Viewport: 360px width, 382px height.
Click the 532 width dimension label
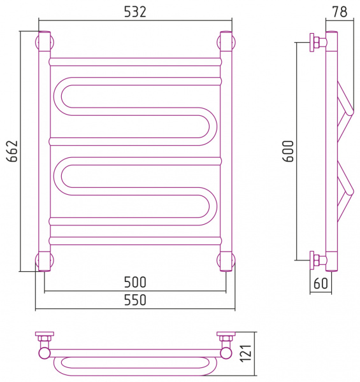[135, 11]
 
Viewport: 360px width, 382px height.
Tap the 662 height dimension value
[12, 151]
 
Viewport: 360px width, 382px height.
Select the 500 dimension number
[135, 282]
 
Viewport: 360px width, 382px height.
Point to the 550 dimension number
[135, 300]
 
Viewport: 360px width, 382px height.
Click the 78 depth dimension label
[340, 11]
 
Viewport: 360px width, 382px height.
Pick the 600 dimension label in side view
[289, 151]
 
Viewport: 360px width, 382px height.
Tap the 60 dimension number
[320, 283]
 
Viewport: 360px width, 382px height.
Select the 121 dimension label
[246, 353]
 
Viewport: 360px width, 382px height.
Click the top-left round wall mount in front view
[45, 41]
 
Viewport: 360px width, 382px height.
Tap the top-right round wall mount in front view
[226, 41]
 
